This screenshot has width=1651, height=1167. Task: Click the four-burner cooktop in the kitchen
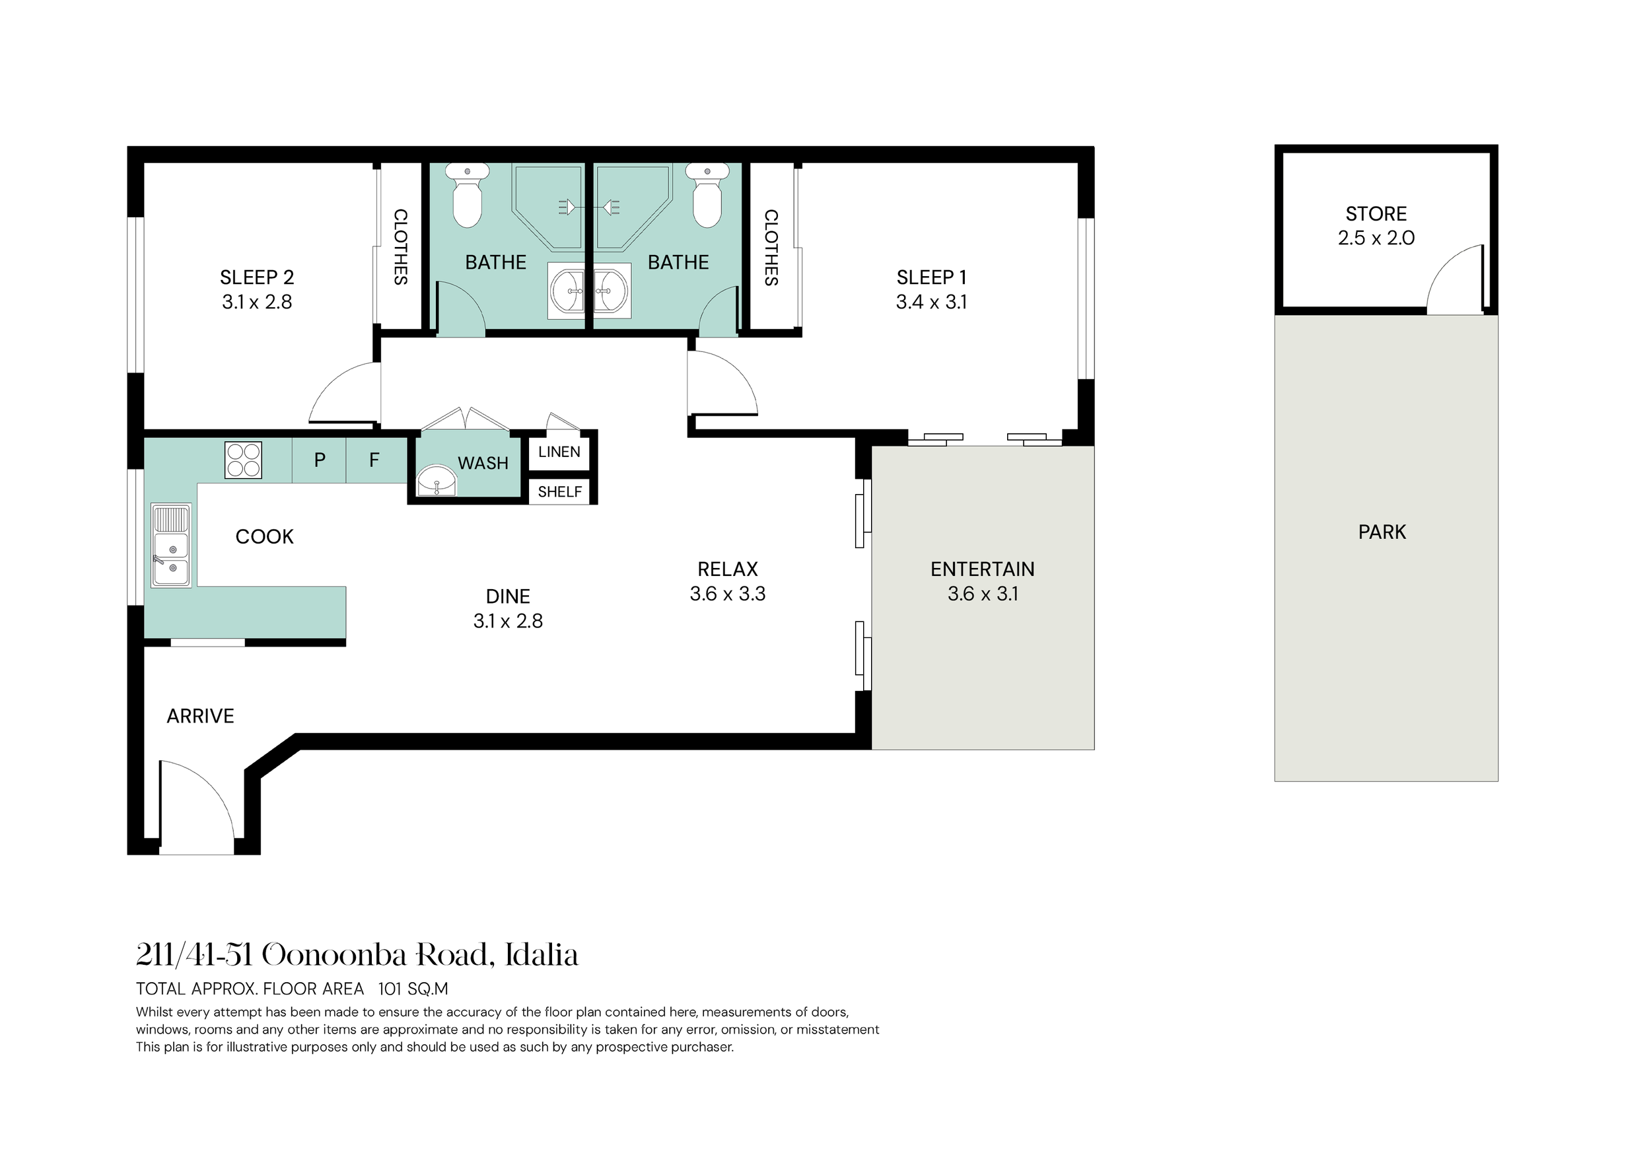(x=244, y=460)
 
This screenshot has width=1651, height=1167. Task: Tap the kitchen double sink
(x=171, y=545)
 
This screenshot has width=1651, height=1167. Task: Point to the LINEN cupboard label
(x=559, y=452)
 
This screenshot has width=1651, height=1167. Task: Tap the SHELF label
(x=560, y=492)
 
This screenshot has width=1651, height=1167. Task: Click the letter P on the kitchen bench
(x=320, y=460)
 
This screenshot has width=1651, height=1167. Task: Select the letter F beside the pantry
(x=374, y=460)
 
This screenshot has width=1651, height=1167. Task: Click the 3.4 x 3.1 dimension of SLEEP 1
(x=931, y=302)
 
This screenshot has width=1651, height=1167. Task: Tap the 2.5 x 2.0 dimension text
(x=1376, y=238)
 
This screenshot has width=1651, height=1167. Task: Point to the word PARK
(x=1382, y=532)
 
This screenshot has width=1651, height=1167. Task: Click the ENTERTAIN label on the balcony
(x=982, y=569)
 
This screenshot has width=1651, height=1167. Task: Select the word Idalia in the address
(x=542, y=956)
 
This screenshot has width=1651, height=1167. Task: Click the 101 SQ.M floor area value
(x=413, y=989)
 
